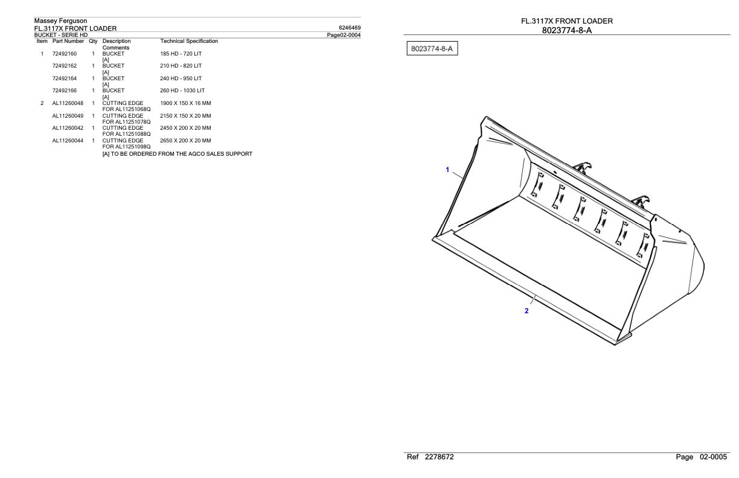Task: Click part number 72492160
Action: [64, 54]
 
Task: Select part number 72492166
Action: [64, 91]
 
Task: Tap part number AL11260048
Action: [68, 103]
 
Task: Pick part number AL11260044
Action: [68, 141]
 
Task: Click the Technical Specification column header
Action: [190, 41]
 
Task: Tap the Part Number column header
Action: [68, 41]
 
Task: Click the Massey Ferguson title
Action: [60, 21]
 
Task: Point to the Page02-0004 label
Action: [344, 34]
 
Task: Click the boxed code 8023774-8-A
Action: [430, 48]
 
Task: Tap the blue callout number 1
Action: [447, 170]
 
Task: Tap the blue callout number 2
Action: [526, 311]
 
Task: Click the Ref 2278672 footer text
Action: [431, 457]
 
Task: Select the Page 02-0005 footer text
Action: [702, 457]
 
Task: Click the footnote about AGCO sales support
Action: [178, 154]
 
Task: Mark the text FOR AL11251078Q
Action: [126, 122]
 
